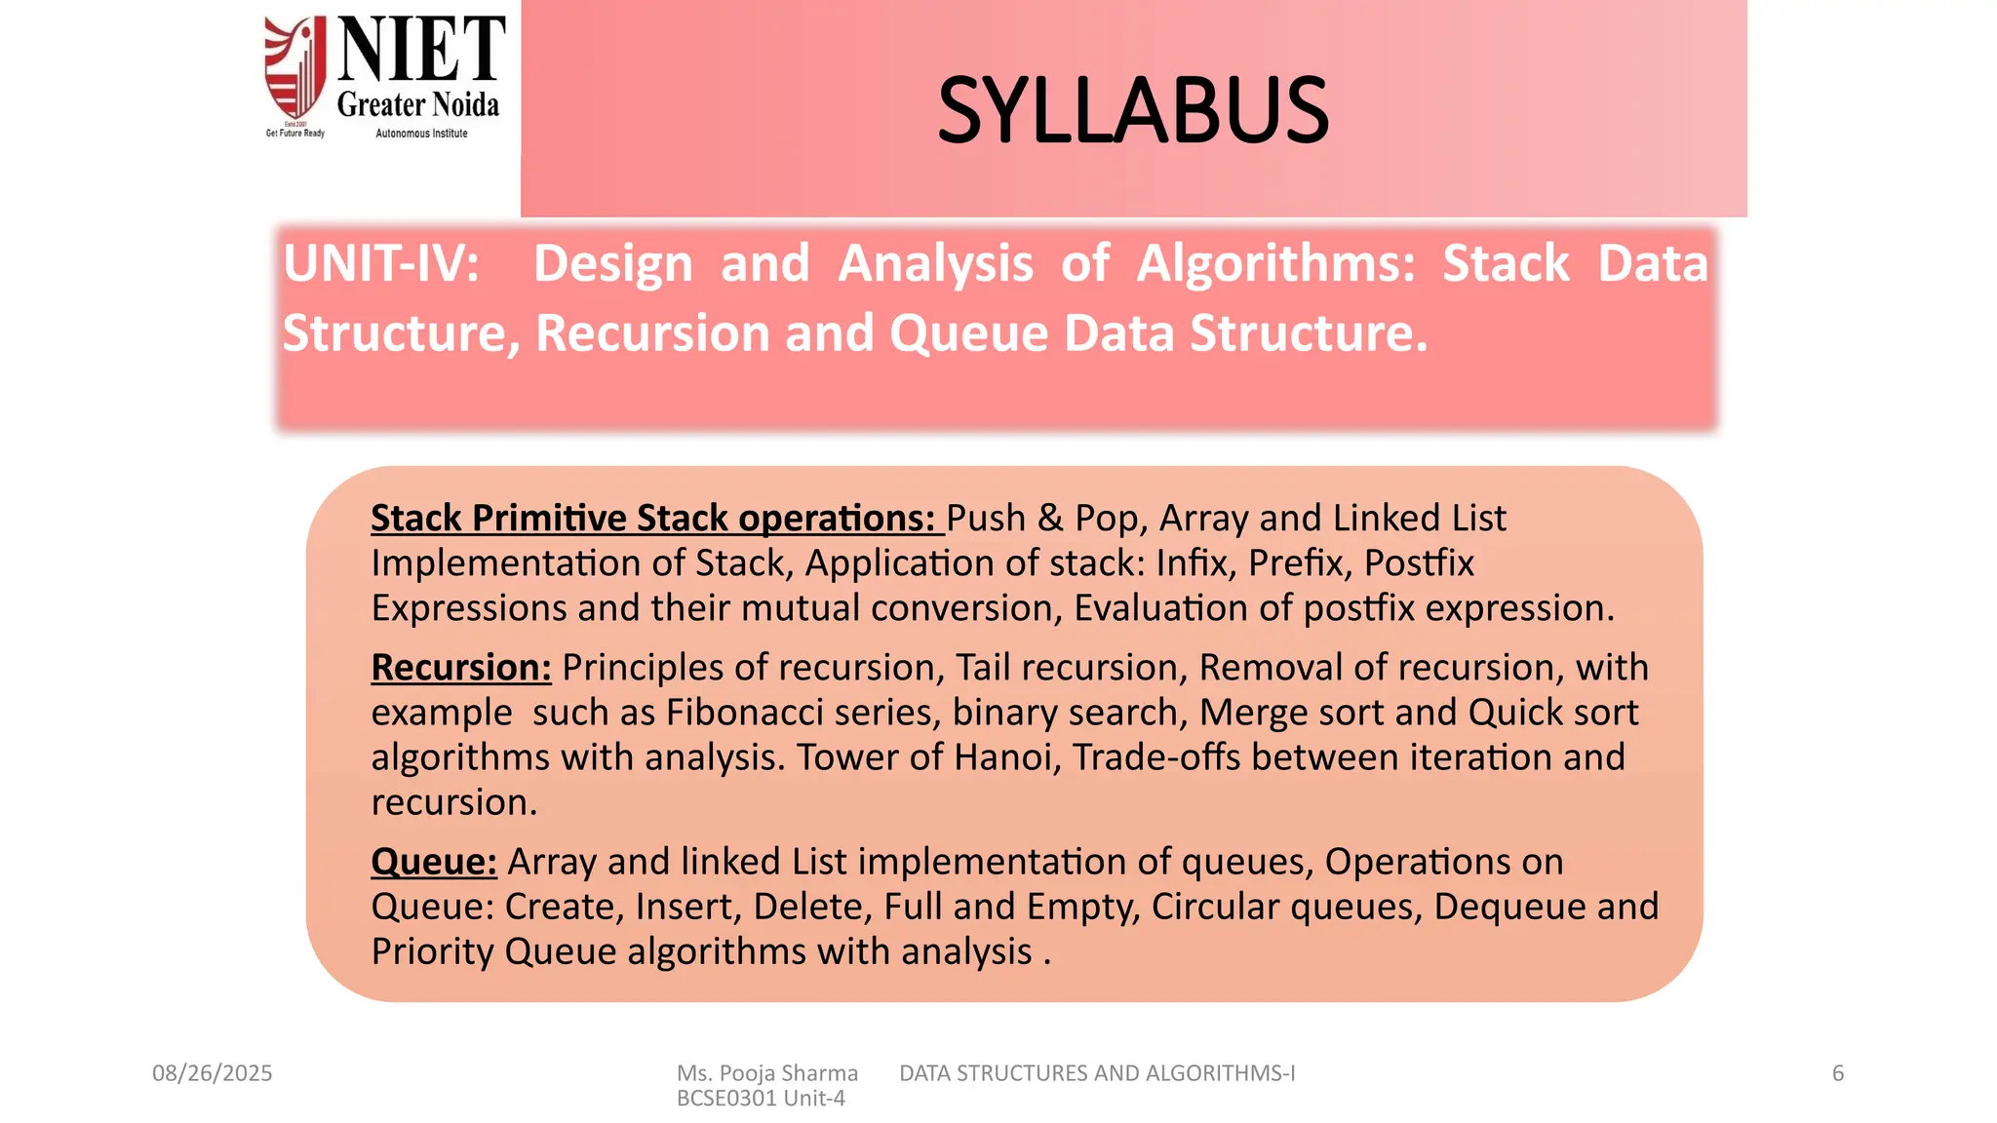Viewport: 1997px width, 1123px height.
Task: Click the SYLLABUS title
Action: point(1133,111)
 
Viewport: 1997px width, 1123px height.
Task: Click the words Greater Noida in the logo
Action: point(417,104)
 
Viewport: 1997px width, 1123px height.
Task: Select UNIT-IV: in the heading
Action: point(381,263)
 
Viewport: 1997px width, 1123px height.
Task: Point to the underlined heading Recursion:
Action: point(461,668)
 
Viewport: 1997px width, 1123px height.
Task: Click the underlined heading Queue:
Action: point(434,862)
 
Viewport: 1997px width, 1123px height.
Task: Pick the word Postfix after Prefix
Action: point(1419,563)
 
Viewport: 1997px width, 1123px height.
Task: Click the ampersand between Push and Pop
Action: point(1050,519)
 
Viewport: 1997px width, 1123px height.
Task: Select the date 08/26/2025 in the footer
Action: point(212,1073)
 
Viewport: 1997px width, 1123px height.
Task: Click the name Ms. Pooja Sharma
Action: point(767,1073)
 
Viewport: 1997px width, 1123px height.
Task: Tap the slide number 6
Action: point(1838,1073)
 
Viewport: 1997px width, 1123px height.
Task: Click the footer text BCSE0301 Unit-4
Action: point(761,1099)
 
